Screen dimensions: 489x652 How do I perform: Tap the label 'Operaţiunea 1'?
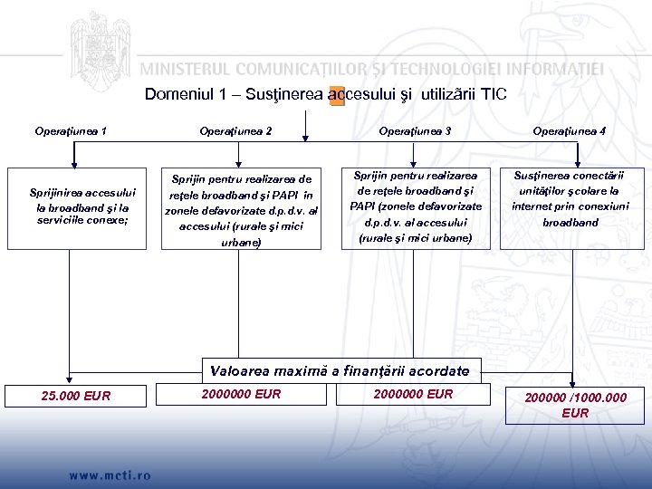coord(72,131)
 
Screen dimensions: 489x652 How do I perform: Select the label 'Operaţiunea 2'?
coord(235,131)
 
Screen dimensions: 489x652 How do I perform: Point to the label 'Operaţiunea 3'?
coord(415,131)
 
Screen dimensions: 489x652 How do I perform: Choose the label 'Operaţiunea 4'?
coord(570,131)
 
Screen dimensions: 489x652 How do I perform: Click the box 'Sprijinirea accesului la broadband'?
coord(83,207)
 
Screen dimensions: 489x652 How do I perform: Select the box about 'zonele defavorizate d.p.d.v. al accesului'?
coord(241,210)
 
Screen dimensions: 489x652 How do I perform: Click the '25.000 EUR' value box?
coord(77,395)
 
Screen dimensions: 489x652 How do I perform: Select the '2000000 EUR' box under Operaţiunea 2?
coord(242,394)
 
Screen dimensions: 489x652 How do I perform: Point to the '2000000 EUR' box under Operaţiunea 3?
coord(413,394)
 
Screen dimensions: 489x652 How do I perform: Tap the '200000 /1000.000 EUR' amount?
coord(575,405)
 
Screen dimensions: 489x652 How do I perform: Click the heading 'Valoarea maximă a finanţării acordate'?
coord(340,371)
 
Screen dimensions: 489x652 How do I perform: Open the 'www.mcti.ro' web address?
coord(110,475)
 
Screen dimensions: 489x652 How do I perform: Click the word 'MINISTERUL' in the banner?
coord(193,68)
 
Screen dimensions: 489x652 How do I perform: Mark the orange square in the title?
coord(337,96)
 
